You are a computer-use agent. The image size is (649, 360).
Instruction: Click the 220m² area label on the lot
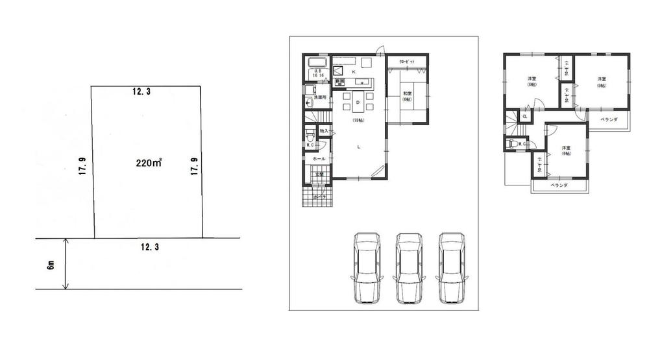click(149, 163)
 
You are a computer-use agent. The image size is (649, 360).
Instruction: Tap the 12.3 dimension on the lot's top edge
click(141, 92)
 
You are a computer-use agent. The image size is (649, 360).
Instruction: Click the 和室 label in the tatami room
click(408, 92)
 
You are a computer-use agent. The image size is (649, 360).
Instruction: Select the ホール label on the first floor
click(318, 158)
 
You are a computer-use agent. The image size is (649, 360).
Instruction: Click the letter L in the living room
click(358, 147)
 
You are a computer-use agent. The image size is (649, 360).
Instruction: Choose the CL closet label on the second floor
click(525, 117)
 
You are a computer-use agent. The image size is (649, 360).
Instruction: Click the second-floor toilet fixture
click(513, 144)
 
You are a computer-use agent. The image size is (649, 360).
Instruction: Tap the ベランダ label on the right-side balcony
click(608, 121)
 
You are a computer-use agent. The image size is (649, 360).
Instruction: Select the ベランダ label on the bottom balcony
click(558, 186)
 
